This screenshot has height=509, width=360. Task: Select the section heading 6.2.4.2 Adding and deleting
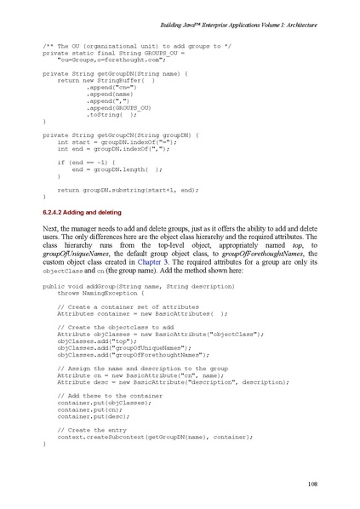[x=88, y=210]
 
